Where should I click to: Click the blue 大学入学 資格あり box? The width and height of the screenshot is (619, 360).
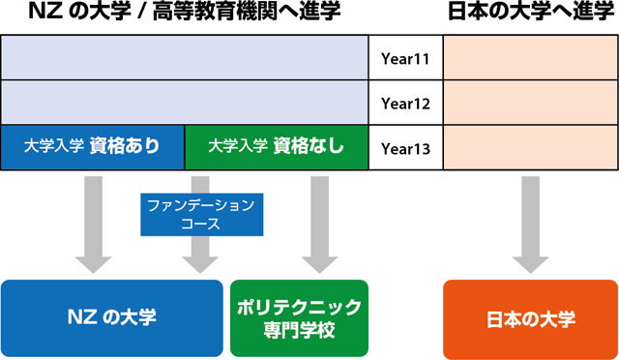pyautogui.click(x=93, y=148)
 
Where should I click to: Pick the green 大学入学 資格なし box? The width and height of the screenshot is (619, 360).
pyautogui.click(x=276, y=148)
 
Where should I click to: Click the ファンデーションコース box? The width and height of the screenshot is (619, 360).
pyautogui.click(x=199, y=214)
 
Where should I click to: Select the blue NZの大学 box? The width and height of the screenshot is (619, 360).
pyautogui.click(x=112, y=317)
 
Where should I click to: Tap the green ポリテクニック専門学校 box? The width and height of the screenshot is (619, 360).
pyautogui.click(x=299, y=317)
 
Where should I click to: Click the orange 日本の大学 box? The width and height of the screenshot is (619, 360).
pyautogui.click(x=530, y=317)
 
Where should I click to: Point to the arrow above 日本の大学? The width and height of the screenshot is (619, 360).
pyautogui.click(x=530, y=223)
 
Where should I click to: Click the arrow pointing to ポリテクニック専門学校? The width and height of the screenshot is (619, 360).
pyautogui.click(x=315, y=223)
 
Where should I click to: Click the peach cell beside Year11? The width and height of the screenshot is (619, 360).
pyautogui.click(x=530, y=58)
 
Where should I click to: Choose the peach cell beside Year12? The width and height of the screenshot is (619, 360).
pyautogui.click(x=530, y=103)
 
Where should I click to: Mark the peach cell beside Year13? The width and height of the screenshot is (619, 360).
pyautogui.click(x=530, y=148)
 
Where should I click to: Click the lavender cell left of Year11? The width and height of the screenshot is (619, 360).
pyautogui.click(x=184, y=58)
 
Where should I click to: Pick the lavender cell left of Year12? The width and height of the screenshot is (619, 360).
pyautogui.click(x=184, y=103)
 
